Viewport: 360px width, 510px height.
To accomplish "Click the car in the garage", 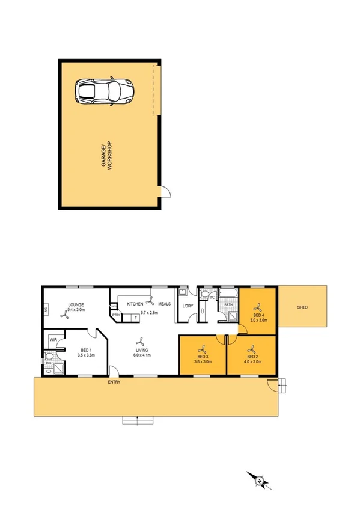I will pyautogui.click(x=106, y=92).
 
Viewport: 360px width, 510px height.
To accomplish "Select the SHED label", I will pyautogui.click(x=302, y=307).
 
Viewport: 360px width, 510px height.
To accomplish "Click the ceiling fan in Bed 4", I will pyautogui.click(x=258, y=306).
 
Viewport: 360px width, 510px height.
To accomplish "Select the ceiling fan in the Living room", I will pyautogui.click(x=141, y=340).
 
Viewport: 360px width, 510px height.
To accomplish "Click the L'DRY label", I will pyautogui.click(x=187, y=307).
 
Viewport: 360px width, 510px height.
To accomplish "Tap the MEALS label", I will pyautogui.click(x=165, y=304).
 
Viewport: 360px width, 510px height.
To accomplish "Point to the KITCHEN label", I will pyautogui.click(x=135, y=304).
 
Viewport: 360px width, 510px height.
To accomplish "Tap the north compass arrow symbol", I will pyautogui.click(x=259, y=479).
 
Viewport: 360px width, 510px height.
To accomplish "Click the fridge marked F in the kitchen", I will pyautogui.click(x=136, y=317).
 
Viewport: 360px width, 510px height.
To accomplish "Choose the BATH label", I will pyautogui.click(x=228, y=305).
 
